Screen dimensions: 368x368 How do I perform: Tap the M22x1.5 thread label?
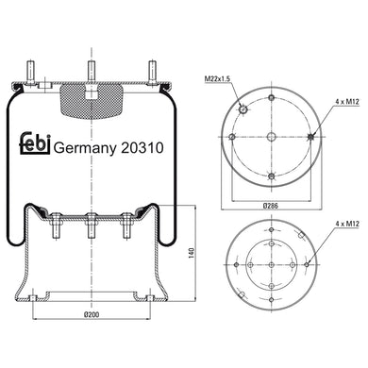coord(217,78)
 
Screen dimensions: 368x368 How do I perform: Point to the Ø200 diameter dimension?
coord(91,314)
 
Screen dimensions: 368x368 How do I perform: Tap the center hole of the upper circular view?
coord(271,138)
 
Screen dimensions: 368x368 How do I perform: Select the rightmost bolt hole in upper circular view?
coord(310,138)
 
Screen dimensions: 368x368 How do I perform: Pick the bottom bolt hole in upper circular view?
coord(271,177)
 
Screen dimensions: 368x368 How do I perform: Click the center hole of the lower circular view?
coord(271,265)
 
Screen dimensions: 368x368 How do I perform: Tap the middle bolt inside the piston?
coord(91,226)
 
